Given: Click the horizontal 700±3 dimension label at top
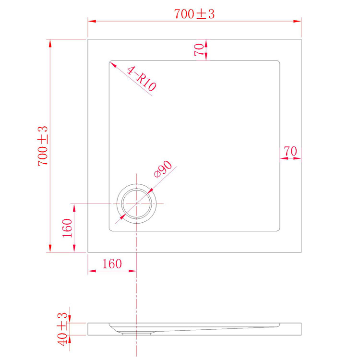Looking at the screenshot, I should click(194, 14).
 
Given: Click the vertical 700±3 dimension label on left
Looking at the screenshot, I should click(43, 146).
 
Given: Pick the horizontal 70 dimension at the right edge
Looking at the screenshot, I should click(290, 151).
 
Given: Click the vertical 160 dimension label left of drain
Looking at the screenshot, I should click(67, 228).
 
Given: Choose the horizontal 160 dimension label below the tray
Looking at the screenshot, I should click(112, 264).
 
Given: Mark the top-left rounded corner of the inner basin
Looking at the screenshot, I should click(111, 63).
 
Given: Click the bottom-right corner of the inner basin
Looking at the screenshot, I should click(278, 229).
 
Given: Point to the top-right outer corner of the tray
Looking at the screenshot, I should click(300, 40).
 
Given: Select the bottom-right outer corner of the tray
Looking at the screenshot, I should click(300, 252).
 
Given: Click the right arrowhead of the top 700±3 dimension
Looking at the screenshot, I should click(298, 21).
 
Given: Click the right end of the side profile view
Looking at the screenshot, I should click(300, 329).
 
